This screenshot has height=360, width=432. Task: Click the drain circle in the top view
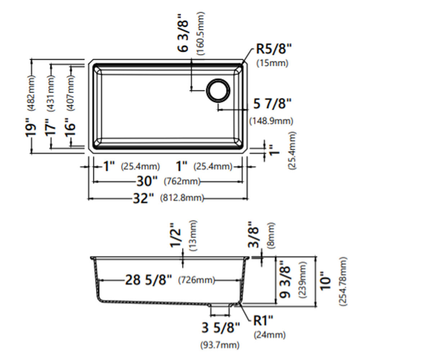coord(218,79)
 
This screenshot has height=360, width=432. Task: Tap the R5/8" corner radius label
coord(274,49)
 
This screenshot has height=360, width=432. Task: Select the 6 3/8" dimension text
coord(183,33)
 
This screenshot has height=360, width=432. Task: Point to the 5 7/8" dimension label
coord(272,103)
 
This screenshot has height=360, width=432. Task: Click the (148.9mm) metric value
coord(271,121)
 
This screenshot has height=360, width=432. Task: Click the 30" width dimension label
coord(147,181)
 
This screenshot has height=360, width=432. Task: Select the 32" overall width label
coord(143,198)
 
